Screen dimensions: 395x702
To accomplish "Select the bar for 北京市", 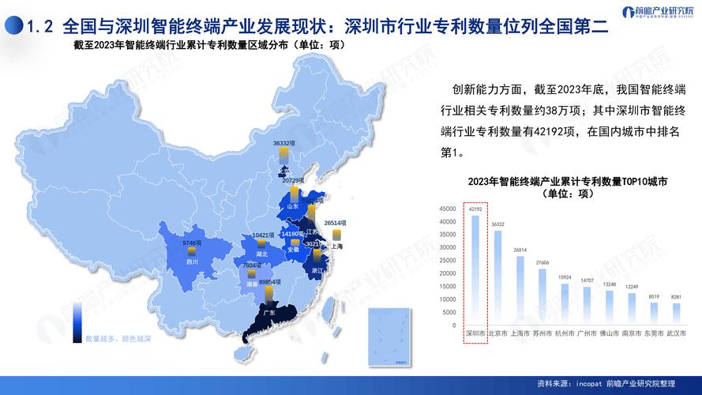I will click(x=497, y=277).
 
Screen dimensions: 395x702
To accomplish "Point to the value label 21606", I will click(x=542, y=262).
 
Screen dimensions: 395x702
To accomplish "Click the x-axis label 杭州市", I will click(x=565, y=333).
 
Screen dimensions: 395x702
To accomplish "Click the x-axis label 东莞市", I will click(x=654, y=333).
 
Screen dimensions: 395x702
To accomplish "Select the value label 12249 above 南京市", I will click(x=632, y=286).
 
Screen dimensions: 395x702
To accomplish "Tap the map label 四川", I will click(x=192, y=260).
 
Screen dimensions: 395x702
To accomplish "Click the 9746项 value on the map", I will click(x=193, y=243).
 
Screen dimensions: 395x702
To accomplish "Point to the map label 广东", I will click(x=268, y=313).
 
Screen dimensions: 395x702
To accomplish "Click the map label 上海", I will click(x=337, y=246).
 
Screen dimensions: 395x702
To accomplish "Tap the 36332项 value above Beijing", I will click(x=284, y=144).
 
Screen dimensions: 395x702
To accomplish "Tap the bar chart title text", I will click(x=567, y=187).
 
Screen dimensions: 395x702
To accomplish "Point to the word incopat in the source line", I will click(x=589, y=383).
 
